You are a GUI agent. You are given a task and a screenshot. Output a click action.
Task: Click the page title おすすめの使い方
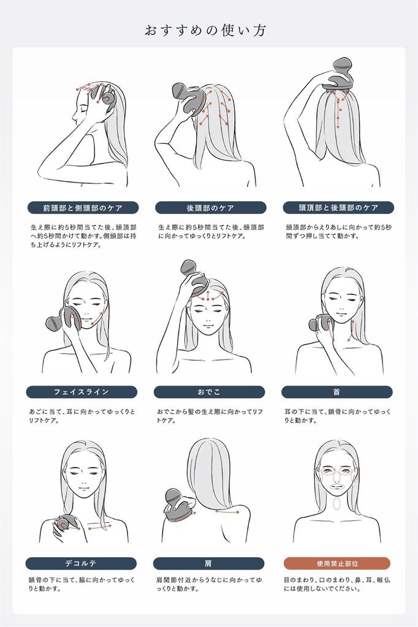point(205,31)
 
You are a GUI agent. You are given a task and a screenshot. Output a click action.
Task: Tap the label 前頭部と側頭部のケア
point(83,208)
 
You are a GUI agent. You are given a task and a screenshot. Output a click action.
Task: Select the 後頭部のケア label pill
point(211,208)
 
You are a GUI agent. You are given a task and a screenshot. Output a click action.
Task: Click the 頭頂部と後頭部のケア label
point(338,208)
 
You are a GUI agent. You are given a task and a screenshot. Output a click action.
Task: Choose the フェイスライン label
point(82,392)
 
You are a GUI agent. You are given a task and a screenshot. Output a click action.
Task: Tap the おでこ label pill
point(209,392)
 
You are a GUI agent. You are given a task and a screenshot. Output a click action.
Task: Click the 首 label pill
point(336,392)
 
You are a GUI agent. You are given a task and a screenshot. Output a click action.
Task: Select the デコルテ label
point(81,563)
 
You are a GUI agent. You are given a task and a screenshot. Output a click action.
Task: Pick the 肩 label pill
point(208,563)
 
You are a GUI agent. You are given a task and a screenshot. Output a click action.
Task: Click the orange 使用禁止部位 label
point(337,563)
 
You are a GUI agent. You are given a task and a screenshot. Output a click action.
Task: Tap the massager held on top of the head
point(340,77)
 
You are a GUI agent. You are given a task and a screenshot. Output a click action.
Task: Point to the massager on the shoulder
point(179,504)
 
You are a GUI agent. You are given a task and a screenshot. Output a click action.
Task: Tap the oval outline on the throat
point(336,502)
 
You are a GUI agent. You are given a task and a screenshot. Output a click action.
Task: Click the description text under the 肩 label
point(209,584)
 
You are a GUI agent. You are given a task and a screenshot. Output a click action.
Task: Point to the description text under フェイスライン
point(82,416)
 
